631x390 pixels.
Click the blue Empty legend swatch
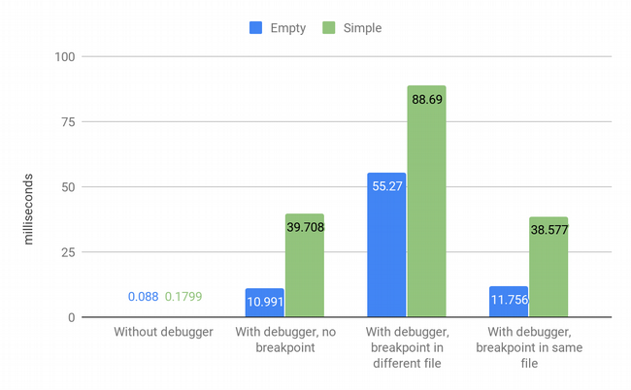pos(257,28)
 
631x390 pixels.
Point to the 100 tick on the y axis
pos(65,56)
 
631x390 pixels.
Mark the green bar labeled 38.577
pos(548,267)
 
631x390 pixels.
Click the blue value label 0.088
pos(143,297)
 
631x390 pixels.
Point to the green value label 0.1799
pos(183,297)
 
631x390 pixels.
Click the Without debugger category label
pos(163,333)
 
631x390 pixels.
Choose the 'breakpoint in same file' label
pos(529,348)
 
